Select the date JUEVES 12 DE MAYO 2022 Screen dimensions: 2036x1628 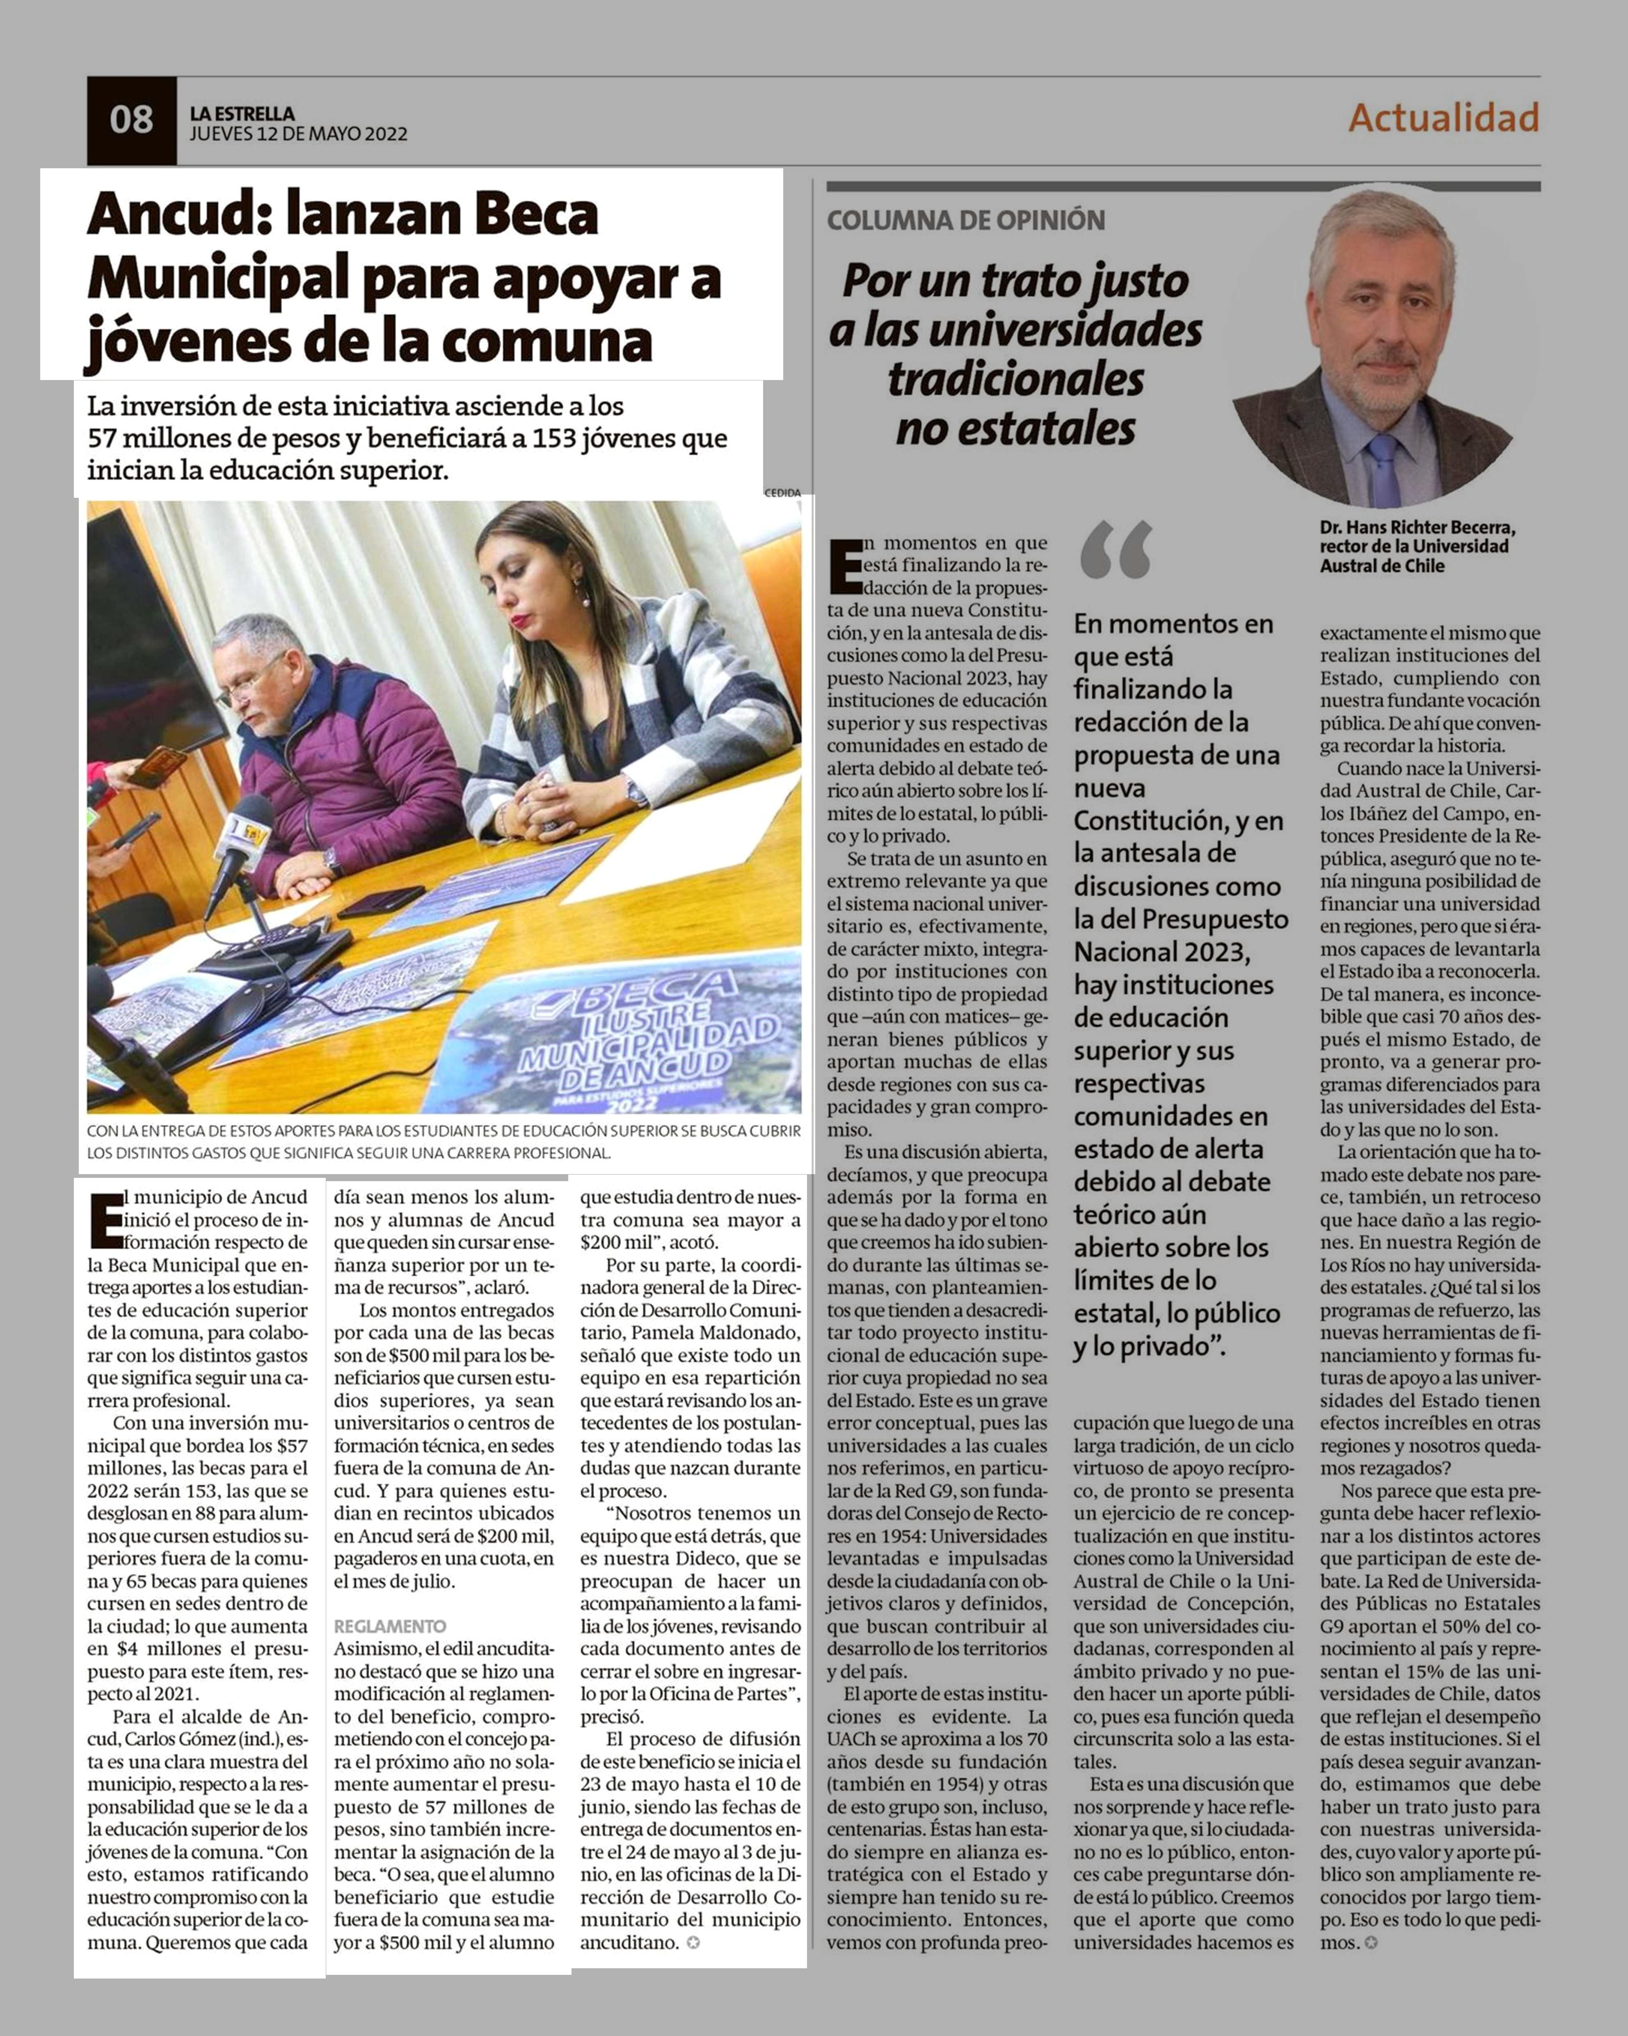(298, 134)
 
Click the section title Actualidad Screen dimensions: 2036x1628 (1443, 118)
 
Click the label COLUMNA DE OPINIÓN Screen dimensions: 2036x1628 (965, 221)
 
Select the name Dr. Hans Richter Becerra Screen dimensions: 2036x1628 (1416, 527)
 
